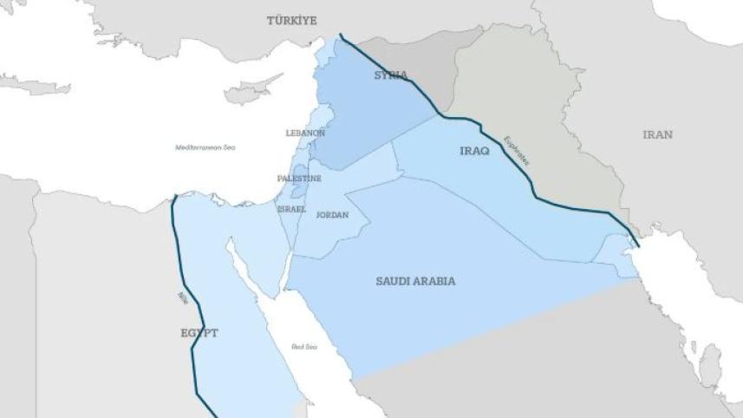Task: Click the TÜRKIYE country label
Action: (291, 20)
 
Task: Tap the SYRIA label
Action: (390, 75)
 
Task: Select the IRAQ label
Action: (474, 151)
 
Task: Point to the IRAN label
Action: (657, 134)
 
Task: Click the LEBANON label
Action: (305, 133)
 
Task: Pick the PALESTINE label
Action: (299, 178)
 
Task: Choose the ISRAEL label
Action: (290, 209)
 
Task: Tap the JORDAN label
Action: (332, 215)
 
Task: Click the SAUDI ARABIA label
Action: (415, 281)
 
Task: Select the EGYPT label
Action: (199, 333)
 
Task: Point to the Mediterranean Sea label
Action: (205, 147)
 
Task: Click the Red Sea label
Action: (304, 347)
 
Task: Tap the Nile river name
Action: (181, 298)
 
